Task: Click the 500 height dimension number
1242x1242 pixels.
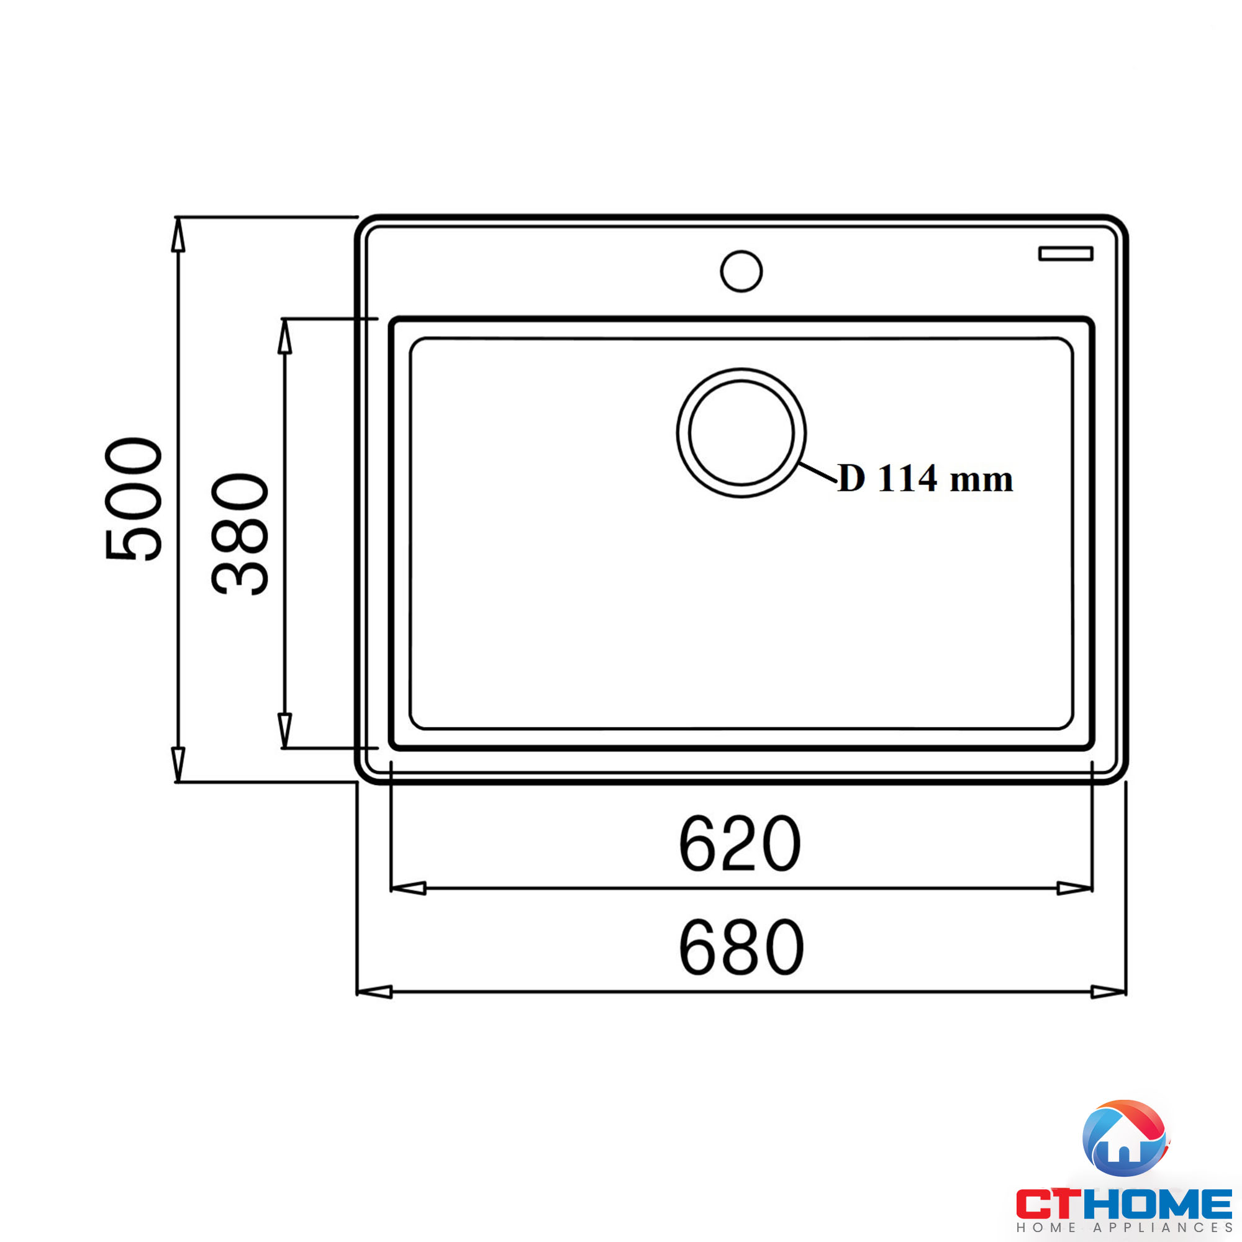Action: click(134, 499)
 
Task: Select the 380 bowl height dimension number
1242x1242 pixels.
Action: click(240, 534)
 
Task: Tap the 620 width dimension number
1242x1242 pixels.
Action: click(740, 844)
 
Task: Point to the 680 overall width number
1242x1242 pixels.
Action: click(741, 947)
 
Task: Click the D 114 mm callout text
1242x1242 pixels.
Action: click(925, 479)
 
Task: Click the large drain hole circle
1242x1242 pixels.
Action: click(741, 433)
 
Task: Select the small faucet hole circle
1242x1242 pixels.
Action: click(741, 271)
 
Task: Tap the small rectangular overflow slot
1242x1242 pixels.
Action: click(1065, 253)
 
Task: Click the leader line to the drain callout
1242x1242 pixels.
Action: click(818, 472)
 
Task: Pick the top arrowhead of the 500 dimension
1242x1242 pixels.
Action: click(178, 235)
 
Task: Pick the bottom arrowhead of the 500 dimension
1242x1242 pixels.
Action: click(178, 764)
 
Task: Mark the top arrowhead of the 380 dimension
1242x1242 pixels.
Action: click(285, 337)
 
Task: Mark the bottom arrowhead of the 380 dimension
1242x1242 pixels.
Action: click(285, 730)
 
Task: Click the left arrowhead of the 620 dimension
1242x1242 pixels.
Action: click(409, 889)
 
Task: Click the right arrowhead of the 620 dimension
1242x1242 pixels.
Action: click(1074, 889)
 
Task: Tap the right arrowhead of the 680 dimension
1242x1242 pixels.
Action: click(1108, 992)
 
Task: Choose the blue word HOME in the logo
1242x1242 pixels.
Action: click(1157, 1203)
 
